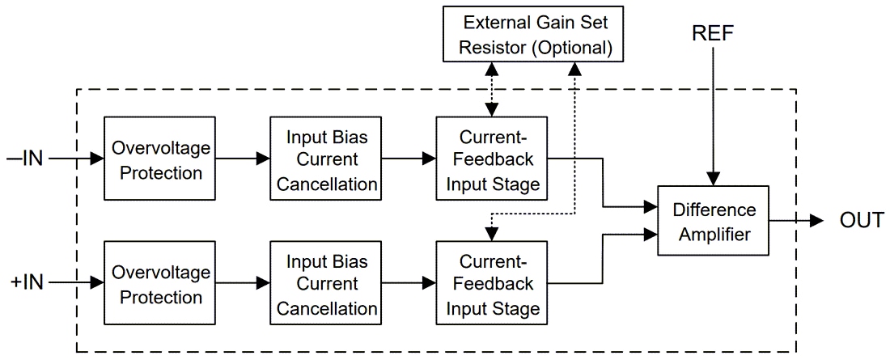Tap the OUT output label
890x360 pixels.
(861, 220)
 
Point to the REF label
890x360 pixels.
(712, 34)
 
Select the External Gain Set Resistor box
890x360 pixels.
(533, 34)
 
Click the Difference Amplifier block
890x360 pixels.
(712, 221)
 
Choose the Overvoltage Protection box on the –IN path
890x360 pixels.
(159, 159)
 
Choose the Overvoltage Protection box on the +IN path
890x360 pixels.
(159, 282)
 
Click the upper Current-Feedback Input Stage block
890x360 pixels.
(489, 159)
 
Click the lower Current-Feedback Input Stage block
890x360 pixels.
(489, 282)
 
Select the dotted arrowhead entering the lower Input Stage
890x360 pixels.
(489, 235)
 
